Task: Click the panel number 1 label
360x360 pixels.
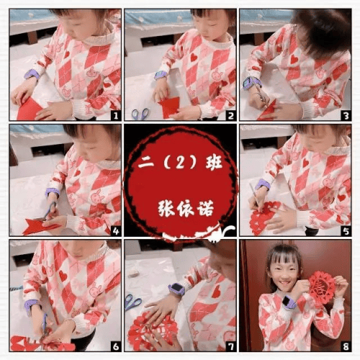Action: tap(116, 116)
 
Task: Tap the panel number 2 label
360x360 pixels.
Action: tap(231, 116)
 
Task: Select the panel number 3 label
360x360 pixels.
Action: tap(346, 116)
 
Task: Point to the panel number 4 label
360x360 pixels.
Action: tap(116, 231)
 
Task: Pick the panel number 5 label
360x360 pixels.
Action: tap(346, 231)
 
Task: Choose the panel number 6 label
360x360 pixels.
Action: tap(116, 346)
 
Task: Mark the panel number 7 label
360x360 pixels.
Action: tap(231, 346)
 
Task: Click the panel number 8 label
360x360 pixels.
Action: tap(346, 346)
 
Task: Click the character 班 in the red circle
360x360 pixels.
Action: tap(214, 163)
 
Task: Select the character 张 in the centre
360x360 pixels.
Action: tap(166, 208)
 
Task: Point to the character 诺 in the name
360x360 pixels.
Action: tap(205, 208)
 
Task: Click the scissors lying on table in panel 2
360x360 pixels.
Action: tap(140, 114)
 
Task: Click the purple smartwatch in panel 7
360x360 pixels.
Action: tap(177, 289)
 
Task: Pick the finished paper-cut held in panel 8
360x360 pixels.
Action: tap(322, 287)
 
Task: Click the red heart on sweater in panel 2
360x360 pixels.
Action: tap(194, 57)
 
